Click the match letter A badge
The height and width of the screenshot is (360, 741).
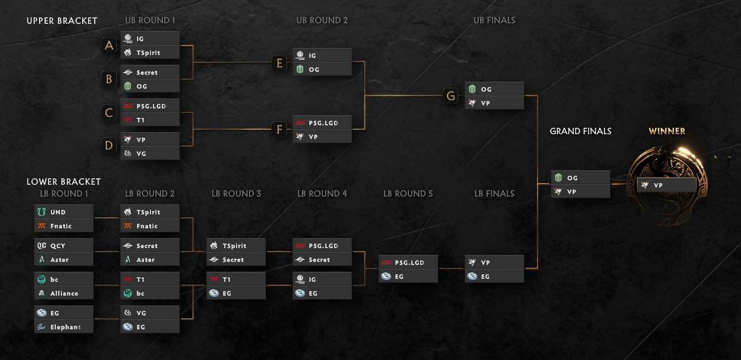click(x=109, y=45)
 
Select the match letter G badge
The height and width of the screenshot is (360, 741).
click(x=451, y=95)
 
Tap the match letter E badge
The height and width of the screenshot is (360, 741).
click(x=279, y=62)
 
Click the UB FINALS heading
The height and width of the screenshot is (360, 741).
click(x=494, y=20)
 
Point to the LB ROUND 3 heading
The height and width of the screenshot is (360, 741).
click(x=236, y=193)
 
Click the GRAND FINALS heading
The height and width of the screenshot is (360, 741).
click(x=580, y=131)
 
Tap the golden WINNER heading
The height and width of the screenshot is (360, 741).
click(x=666, y=131)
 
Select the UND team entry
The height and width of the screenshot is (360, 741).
click(x=63, y=212)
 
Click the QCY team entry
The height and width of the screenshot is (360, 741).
click(x=63, y=246)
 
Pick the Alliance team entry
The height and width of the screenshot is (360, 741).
click(x=63, y=293)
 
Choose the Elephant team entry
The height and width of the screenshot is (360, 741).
click(x=63, y=327)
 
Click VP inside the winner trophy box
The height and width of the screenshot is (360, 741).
click(x=666, y=185)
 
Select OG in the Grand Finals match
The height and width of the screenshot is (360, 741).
click(x=580, y=178)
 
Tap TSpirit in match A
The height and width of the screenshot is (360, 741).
click(x=150, y=52)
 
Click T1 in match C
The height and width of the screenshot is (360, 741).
click(x=150, y=120)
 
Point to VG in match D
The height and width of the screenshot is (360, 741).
click(x=150, y=153)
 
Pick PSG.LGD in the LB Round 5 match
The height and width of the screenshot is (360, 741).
click(x=408, y=263)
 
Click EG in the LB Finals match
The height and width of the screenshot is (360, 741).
click(x=494, y=277)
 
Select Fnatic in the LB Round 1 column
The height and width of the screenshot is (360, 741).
click(x=63, y=226)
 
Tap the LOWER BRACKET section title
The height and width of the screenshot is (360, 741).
click(x=63, y=182)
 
